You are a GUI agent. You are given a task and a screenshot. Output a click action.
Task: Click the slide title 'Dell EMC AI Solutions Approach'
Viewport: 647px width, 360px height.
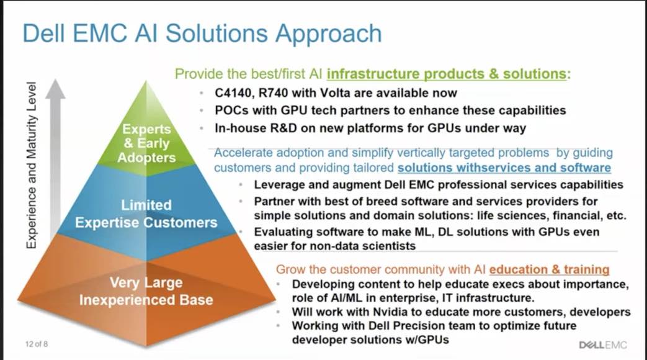[x=202, y=34]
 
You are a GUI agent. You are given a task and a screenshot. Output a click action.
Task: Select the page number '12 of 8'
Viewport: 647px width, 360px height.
[x=38, y=344]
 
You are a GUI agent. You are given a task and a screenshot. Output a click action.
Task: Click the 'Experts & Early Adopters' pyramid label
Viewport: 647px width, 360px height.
[x=146, y=143]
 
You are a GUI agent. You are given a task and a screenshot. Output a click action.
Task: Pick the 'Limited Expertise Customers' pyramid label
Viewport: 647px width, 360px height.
[x=146, y=214]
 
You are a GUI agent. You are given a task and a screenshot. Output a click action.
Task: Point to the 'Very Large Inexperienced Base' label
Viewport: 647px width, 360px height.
[x=146, y=291]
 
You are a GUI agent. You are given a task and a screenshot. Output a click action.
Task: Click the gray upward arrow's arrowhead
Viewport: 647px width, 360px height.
[x=55, y=90]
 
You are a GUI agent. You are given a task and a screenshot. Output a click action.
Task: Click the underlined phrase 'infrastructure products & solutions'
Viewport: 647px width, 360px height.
[x=447, y=74]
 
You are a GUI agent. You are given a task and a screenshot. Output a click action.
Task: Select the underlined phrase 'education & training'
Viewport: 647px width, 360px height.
[x=549, y=269]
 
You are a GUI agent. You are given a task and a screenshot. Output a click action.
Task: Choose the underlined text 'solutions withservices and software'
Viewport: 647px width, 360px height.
[x=504, y=168]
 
